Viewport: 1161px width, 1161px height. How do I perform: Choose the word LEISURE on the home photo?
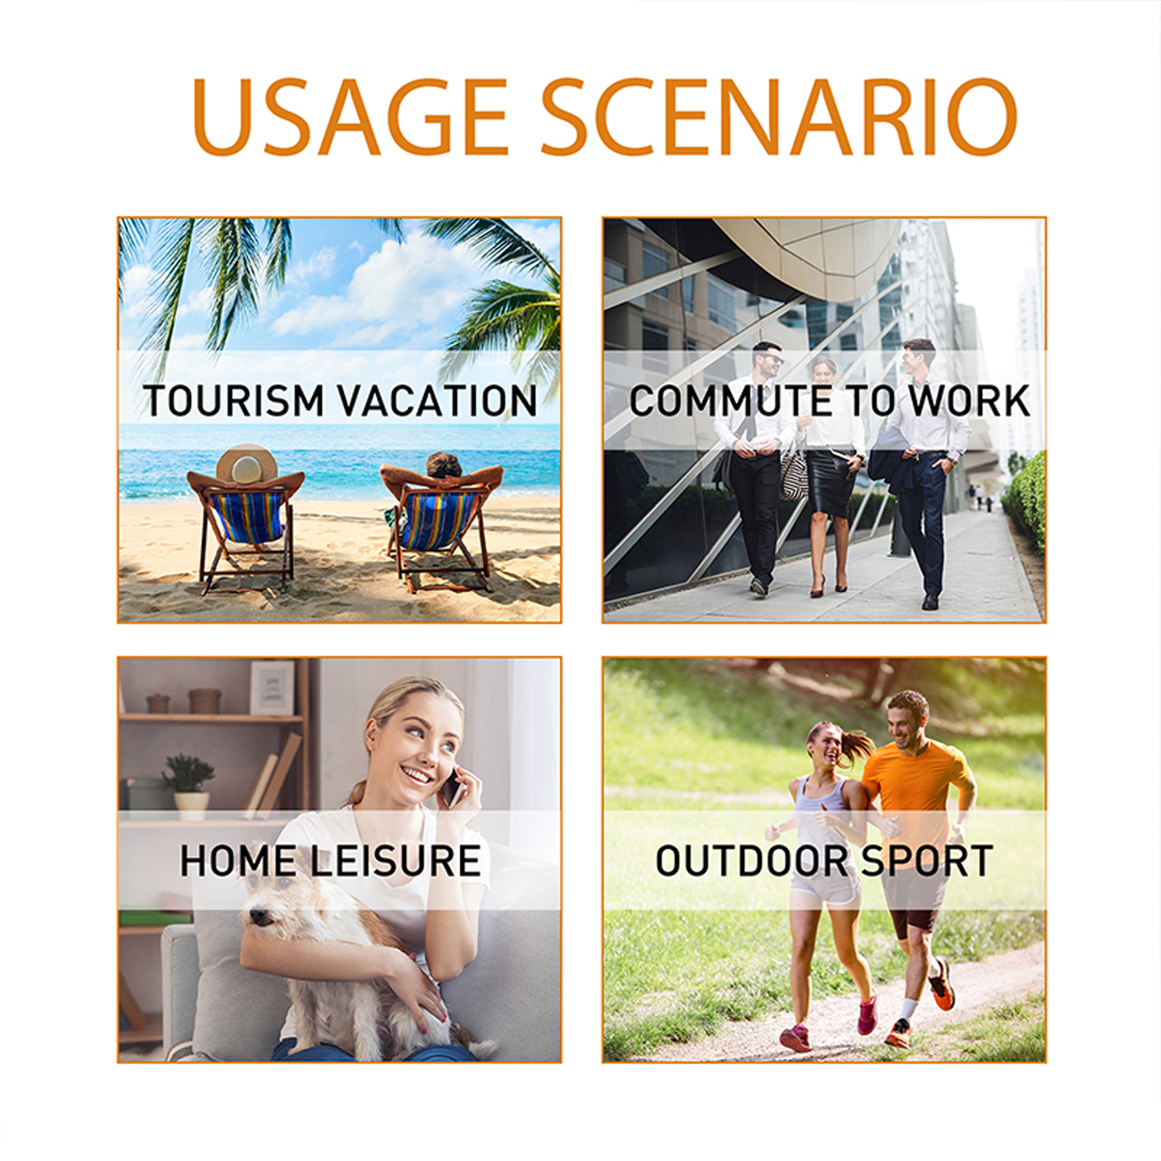[395, 861]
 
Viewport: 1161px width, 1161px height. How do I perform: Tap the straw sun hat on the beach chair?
[247, 465]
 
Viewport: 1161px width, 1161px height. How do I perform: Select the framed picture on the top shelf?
[272, 687]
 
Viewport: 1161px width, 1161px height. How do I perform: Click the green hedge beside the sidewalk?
[1025, 501]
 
